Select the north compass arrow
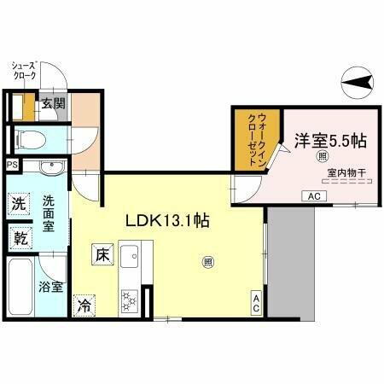(x=359, y=82)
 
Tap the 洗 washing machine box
(x=18, y=204)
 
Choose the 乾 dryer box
(x=18, y=237)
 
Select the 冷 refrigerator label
(x=84, y=303)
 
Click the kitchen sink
(x=131, y=257)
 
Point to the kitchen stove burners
(x=131, y=299)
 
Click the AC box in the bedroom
(x=311, y=196)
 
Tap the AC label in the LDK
(x=255, y=300)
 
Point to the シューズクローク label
(x=24, y=70)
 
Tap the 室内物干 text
(x=345, y=173)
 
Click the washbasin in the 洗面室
(x=42, y=166)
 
